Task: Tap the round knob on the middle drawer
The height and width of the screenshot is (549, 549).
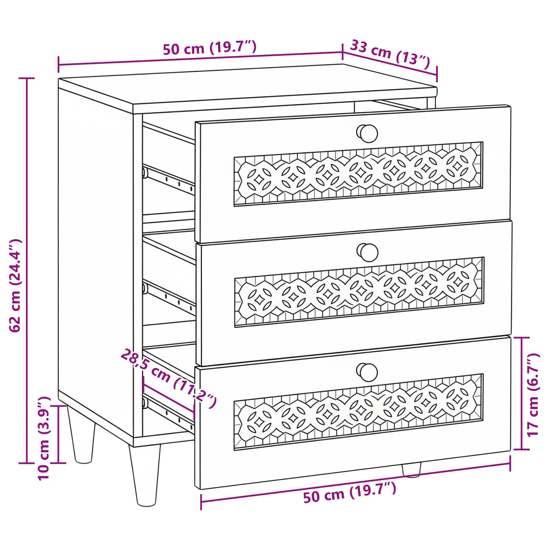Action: coord(367,253)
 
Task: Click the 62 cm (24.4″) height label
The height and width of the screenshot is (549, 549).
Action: coord(15,285)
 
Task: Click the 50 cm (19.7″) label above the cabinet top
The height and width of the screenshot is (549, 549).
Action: coord(210,48)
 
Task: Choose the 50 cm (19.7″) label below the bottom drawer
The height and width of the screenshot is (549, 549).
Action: coord(350,492)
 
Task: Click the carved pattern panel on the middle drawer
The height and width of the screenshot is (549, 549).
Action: coord(359,292)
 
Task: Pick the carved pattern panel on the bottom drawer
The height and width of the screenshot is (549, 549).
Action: coord(359,411)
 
